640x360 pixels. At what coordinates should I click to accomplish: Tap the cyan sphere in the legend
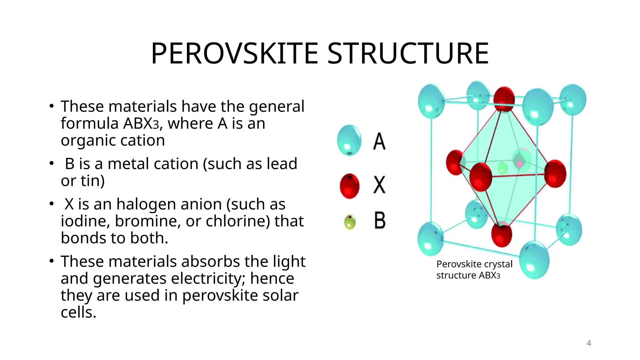pos(349,140)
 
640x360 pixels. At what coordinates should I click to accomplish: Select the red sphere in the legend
pos(350,186)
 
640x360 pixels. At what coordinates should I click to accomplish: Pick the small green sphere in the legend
pos(350,222)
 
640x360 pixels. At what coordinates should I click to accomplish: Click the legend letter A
pos(379,142)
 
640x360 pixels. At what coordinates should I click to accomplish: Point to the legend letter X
pos(379,185)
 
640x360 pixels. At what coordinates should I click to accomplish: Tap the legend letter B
pos(380,221)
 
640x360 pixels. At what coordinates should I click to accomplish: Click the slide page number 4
pos(589,343)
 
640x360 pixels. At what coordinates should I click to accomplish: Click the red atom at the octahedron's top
pos(504,99)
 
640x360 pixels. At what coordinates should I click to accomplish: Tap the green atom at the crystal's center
pos(502,168)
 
